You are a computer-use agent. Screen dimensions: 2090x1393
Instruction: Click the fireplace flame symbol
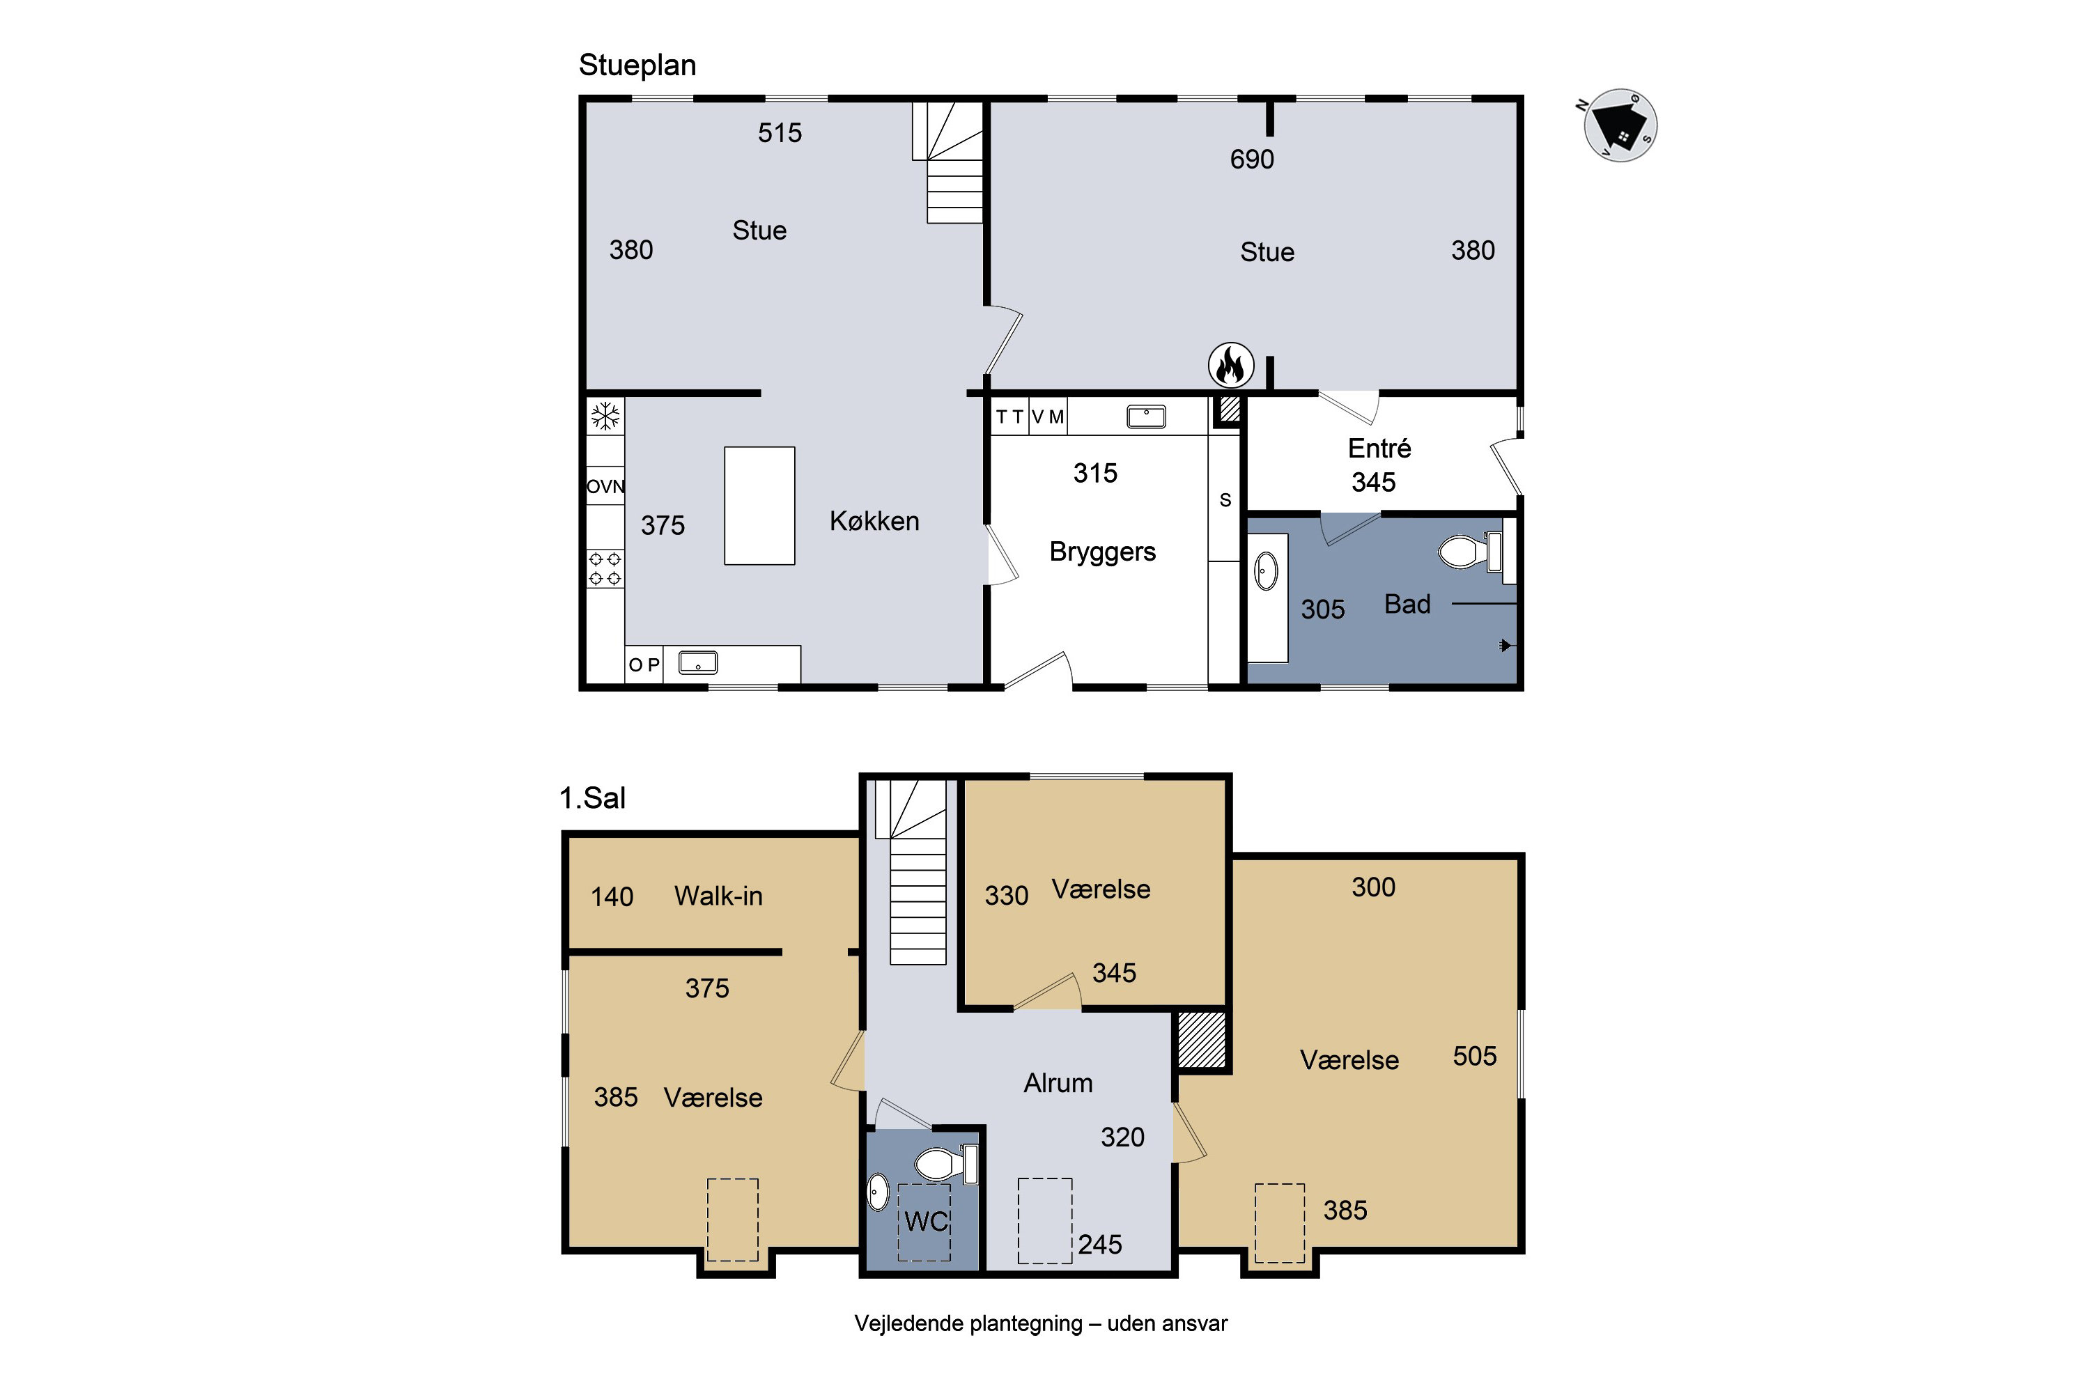(x=1231, y=365)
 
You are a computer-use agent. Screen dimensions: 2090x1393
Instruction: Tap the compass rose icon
(x=1620, y=125)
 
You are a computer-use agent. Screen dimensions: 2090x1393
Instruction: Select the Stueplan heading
(x=637, y=65)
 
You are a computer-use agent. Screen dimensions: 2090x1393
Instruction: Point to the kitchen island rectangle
(x=759, y=506)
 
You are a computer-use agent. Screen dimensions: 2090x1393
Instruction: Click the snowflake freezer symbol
(x=605, y=415)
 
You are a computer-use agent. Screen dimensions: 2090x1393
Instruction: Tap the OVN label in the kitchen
(x=605, y=487)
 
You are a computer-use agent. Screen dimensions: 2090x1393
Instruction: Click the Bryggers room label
(x=1102, y=552)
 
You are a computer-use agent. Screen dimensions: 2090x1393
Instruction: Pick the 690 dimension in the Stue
(x=1252, y=159)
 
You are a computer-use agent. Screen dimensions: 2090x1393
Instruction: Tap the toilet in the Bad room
(x=1470, y=551)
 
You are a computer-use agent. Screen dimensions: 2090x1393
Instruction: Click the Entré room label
(x=1379, y=448)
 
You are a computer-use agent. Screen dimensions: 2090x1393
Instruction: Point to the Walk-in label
(x=718, y=896)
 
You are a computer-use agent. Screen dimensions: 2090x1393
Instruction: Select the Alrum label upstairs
(x=1058, y=1083)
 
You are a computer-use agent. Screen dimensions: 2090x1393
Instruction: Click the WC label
(x=926, y=1222)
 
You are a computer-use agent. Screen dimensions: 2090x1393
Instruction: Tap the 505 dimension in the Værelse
(x=1474, y=1057)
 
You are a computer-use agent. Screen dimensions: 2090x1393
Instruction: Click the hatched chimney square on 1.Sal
(x=1201, y=1041)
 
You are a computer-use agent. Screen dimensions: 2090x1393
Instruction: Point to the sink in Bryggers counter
(x=1146, y=417)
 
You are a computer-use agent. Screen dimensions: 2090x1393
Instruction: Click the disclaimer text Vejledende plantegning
(x=968, y=1324)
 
